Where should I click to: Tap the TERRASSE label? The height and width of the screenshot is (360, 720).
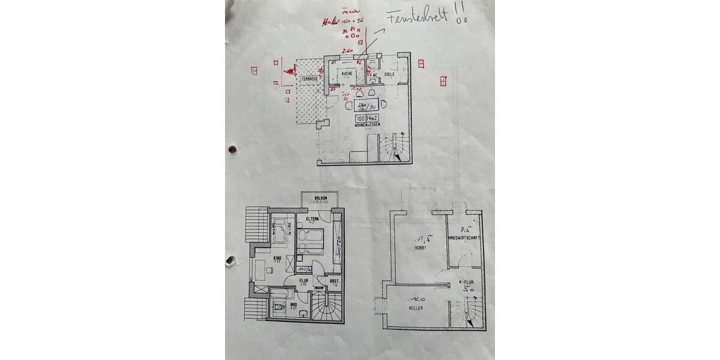point(310,79)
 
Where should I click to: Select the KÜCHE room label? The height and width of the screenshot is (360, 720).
point(347,73)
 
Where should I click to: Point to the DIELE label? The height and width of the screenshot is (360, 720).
point(389,74)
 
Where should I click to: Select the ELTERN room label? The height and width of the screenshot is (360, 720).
point(312,220)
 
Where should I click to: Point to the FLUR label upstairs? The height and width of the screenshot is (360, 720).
point(304,280)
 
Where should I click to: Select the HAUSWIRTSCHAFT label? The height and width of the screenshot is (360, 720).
point(464,238)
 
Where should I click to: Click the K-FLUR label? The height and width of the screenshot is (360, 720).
point(468,281)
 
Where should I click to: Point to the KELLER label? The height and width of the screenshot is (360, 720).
point(416,308)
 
